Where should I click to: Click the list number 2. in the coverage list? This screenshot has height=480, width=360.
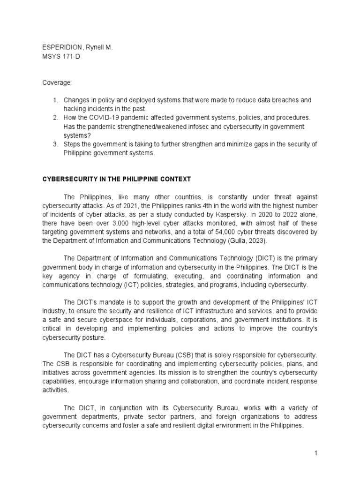[55, 118]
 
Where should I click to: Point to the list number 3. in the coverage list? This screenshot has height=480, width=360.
[55, 144]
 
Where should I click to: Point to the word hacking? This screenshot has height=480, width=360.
[76, 109]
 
